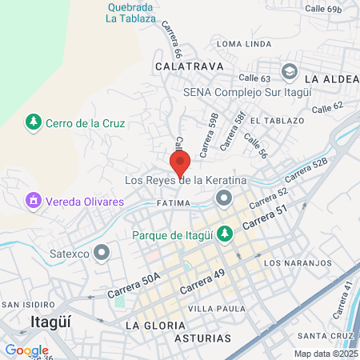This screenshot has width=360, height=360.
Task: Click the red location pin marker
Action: click(181, 162)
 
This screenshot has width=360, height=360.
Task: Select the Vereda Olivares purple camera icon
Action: click(34, 201)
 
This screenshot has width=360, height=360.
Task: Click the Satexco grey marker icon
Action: click(102, 254)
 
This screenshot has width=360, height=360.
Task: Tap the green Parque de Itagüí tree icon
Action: click(226, 234)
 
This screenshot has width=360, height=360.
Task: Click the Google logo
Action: click(26, 350)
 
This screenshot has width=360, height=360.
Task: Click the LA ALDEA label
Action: click(330, 79)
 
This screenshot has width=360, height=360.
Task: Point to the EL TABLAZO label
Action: click(277, 121)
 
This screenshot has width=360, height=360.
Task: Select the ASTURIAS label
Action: click(202, 338)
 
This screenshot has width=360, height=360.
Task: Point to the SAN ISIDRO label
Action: click(28, 305)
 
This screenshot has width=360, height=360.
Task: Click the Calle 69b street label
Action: click(322, 9)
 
